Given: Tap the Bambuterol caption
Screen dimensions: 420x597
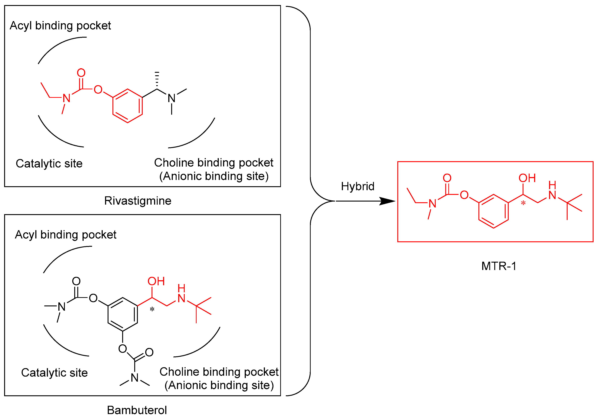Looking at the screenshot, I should pyautogui.click(x=137, y=410).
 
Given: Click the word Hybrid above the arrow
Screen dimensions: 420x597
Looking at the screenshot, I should pyautogui.click(x=358, y=186).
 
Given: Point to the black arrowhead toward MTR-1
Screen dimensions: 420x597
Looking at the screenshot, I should pyautogui.click(x=387, y=201).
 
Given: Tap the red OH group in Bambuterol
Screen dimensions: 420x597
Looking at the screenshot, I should pyautogui.click(x=156, y=281).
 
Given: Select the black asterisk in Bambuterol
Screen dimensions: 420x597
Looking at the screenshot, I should pyautogui.click(x=152, y=309).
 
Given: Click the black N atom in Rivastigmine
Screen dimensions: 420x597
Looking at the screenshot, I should pyautogui.click(x=171, y=98).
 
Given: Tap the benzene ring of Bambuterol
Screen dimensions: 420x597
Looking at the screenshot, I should pyautogui.click(x=123, y=314).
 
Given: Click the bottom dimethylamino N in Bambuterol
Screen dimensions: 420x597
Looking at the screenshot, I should pyautogui.click(x=134, y=378).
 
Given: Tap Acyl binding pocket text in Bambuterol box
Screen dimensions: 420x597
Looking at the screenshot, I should pyautogui.click(x=66, y=235).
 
